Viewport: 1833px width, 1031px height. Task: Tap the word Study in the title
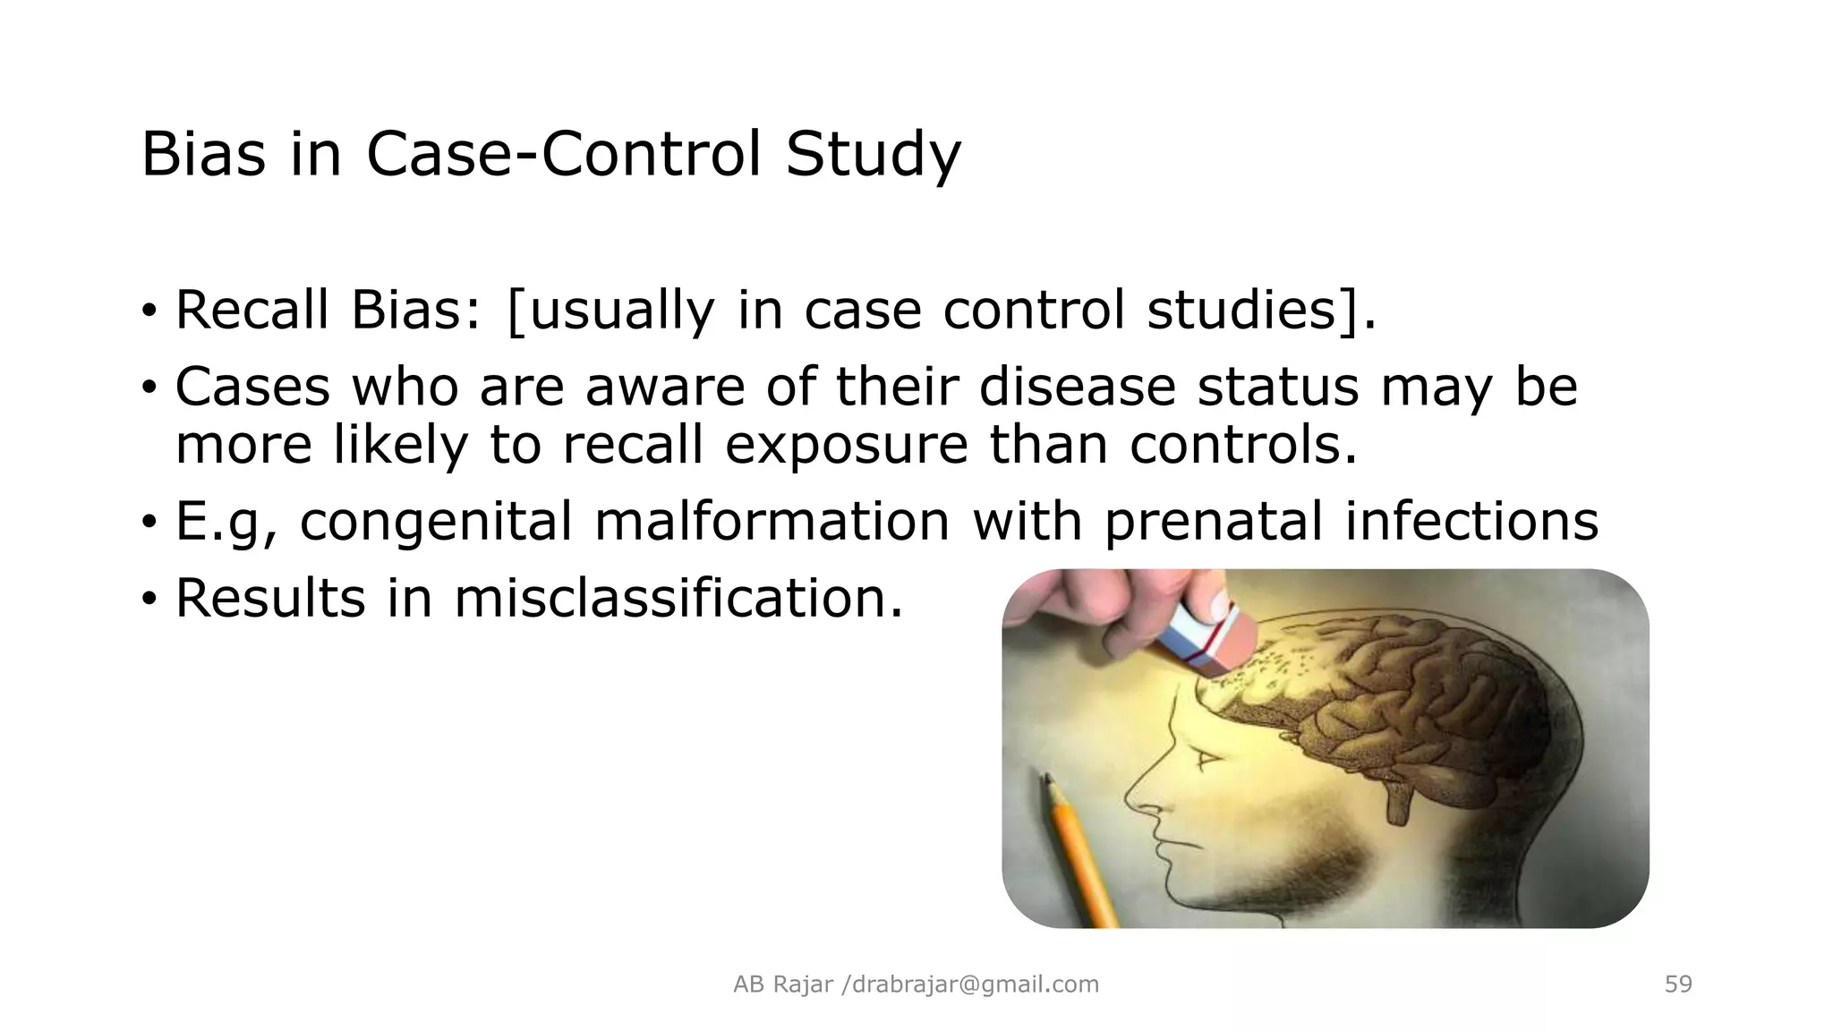pyautogui.click(x=873, y=156)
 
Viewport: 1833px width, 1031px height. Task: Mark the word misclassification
pyautogui.click(x=678, y=598)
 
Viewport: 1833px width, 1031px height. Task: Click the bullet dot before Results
pyautogui.click(x=149, y=598)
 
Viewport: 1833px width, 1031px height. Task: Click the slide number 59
pyautogui.click(x=1678, y=984)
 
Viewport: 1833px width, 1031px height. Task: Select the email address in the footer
pyautogui.click(x=975, y=984)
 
